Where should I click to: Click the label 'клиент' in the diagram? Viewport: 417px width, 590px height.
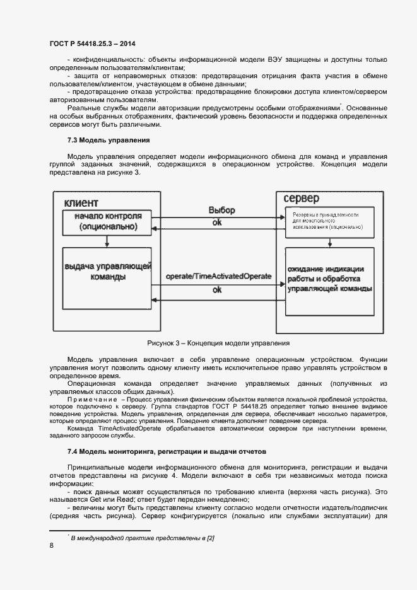(81, 202)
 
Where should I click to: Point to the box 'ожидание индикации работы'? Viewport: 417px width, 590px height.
(329, 279)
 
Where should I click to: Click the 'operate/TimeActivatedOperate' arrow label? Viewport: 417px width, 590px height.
(218, 277)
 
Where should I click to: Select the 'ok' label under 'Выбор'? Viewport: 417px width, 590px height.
(216, 223)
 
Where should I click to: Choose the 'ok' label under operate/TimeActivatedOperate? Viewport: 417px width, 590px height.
(216, 290)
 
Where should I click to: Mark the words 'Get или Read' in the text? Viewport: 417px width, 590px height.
(114, 499)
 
